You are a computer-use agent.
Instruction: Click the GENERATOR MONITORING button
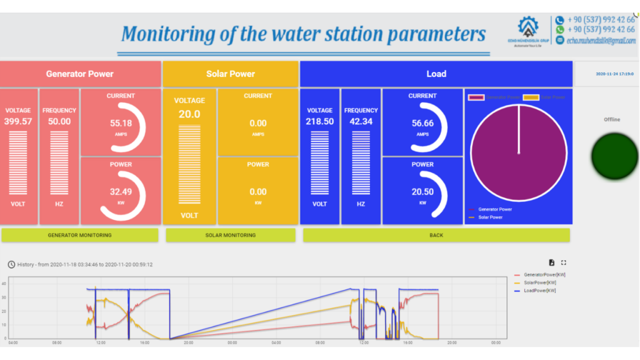click(x=79, y=235)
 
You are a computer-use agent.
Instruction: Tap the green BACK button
click(x=436, y=235)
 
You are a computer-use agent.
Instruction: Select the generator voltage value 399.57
click(x=18, y=121)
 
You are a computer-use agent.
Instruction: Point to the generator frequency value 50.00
click(x=59, y=121)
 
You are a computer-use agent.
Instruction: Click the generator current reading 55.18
click(x=121, y=123)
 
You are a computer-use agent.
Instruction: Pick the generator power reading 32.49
click(x=121, y=192)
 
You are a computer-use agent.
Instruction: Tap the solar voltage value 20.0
click(x=189, y=114)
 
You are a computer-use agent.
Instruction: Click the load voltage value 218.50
click(x=320, y=121)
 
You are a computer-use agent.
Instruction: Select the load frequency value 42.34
click(x=361, y=121)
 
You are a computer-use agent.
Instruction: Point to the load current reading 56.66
click(x=422, y=123)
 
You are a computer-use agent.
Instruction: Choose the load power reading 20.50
click(x=422, y=192)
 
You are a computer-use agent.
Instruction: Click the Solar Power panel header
click(x=231, y=74)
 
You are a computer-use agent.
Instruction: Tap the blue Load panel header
click(x=436, y=74)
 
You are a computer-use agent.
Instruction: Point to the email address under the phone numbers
click(x=601, y=41)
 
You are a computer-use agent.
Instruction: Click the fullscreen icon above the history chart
click(x=564, y=262)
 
